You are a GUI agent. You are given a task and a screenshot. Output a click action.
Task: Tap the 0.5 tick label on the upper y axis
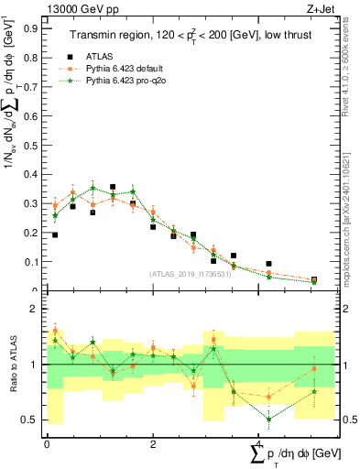click(x=29, y=145)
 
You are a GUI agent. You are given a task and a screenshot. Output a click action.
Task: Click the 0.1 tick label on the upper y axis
click(x=29, y=262)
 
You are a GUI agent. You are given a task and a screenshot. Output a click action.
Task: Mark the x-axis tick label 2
click(x=153, y=444)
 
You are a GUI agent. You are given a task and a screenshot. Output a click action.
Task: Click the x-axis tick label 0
click(x=47, y=444)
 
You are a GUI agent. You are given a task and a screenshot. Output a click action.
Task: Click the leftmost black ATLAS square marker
click(x=55, y=235)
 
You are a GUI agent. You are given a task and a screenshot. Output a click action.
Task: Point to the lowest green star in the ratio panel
click(x=269, y=420)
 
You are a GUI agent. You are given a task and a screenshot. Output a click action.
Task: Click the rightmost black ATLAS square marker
click(x=314, y=280)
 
